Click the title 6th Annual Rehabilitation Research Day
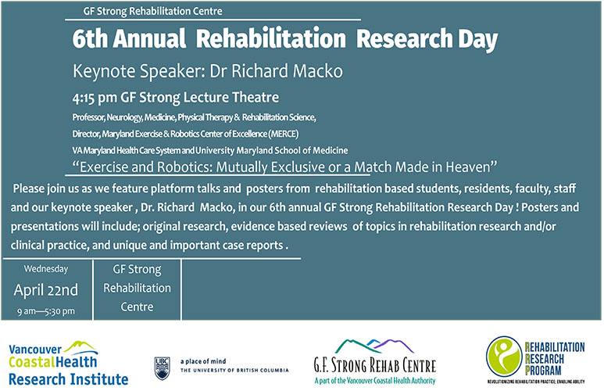285,39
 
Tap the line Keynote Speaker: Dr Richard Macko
208,71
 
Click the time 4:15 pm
95,98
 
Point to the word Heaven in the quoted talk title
471,167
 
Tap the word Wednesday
46,269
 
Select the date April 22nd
46,290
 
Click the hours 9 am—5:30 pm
46,311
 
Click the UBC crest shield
163,368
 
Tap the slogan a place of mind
203,361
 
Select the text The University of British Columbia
234,370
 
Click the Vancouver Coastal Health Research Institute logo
68,363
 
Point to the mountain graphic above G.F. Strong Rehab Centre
375,346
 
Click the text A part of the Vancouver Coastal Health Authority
375,381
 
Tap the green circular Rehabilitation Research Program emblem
504,357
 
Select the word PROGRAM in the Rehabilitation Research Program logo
543,371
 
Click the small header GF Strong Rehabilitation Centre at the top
152,11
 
